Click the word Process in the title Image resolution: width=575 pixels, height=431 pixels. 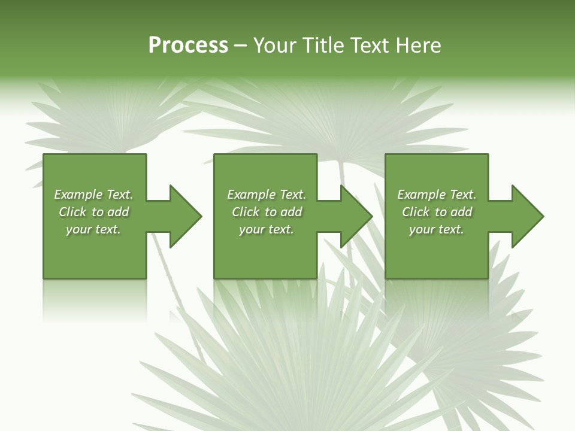click(x=188, y=45)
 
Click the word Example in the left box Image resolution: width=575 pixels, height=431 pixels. click(x=78, y=195)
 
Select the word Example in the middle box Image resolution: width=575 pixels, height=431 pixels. click(x=251, y=195)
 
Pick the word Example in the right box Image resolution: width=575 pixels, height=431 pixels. click(x=421, y=195)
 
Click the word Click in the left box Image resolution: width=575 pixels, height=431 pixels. click(x=72, y=212)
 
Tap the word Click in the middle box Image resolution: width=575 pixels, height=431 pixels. click(x=246, y=212)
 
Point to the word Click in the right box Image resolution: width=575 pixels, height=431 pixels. click(x=416, y=212)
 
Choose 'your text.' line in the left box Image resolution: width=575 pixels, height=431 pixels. click(x=93, y=229)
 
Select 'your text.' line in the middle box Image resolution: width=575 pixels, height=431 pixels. click(x=267, y=229)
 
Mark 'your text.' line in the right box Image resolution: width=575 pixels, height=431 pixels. click(x=437, y=229)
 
